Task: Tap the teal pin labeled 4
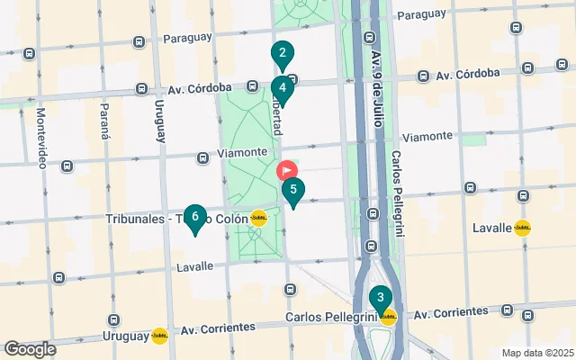pyautogui.click(x=283, y=89)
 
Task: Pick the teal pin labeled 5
pyautogui.click(x=293, y=191)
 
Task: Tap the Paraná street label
pyautogui.click(x=105, y=121)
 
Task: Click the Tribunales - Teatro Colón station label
pyautogui.click(x=176, y=219)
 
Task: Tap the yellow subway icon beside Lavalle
pyautogui.click(x=523, y=228)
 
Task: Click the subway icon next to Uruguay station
pyautogui.click(x=159, y=336)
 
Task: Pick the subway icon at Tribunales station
pyautogui.click(x=258, y=218)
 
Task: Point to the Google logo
pyautogui.click(x=30, y=348)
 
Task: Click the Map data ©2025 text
pyautogui.click(x=536, y=352)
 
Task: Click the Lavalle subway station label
pyautogui.click(x=491, y=228)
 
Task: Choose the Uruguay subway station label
pyautogui.click(x=126, y=336)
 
